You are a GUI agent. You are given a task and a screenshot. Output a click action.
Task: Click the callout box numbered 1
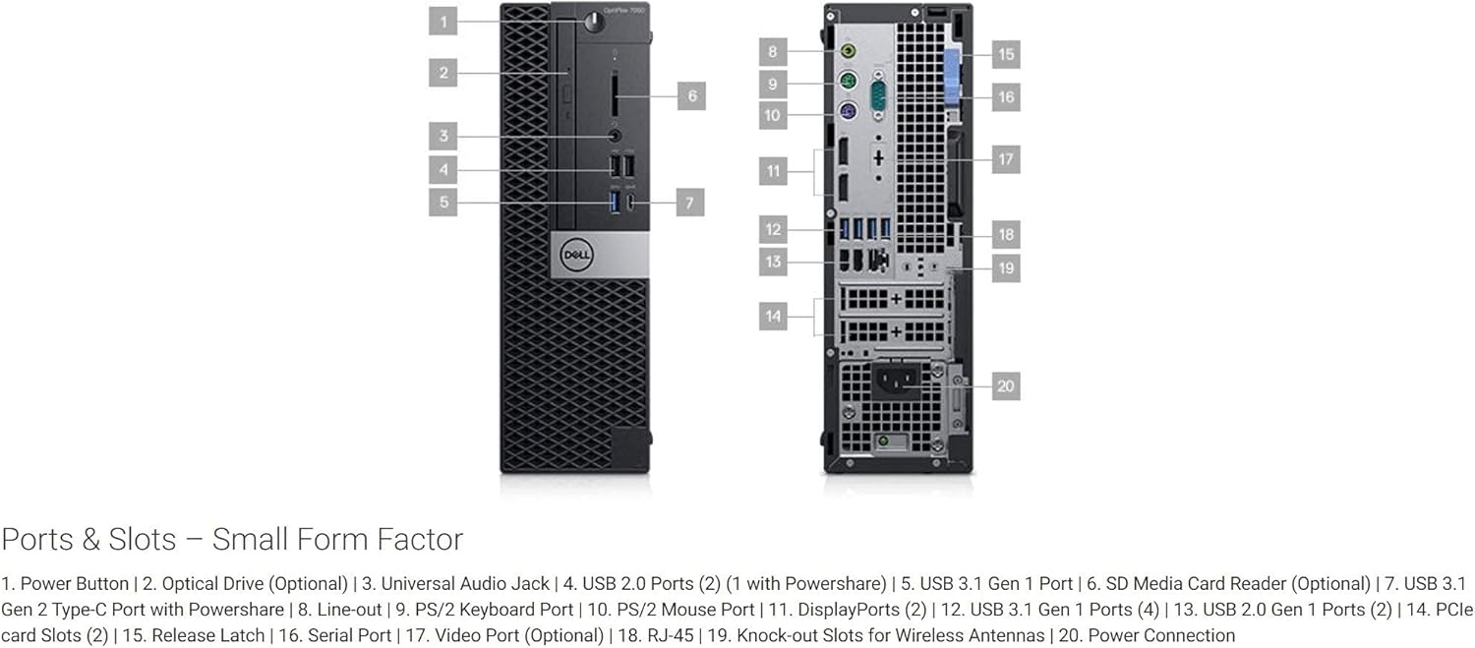(x=443, y=21)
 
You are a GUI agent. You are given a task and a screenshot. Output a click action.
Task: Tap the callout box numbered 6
(x=691, y=95)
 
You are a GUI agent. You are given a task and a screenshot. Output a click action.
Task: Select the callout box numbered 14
(x=774, y=316)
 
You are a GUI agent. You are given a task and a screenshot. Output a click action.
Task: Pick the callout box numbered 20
(x=1005, y=386)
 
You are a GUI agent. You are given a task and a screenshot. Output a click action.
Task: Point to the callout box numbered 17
(x=1005, y=158)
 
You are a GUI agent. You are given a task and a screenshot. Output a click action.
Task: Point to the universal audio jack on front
(x=616, y=136)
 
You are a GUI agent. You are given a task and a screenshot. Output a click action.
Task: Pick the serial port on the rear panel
(x=879, y=96)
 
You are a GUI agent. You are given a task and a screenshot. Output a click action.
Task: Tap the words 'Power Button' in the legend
(x=75, y=584)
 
